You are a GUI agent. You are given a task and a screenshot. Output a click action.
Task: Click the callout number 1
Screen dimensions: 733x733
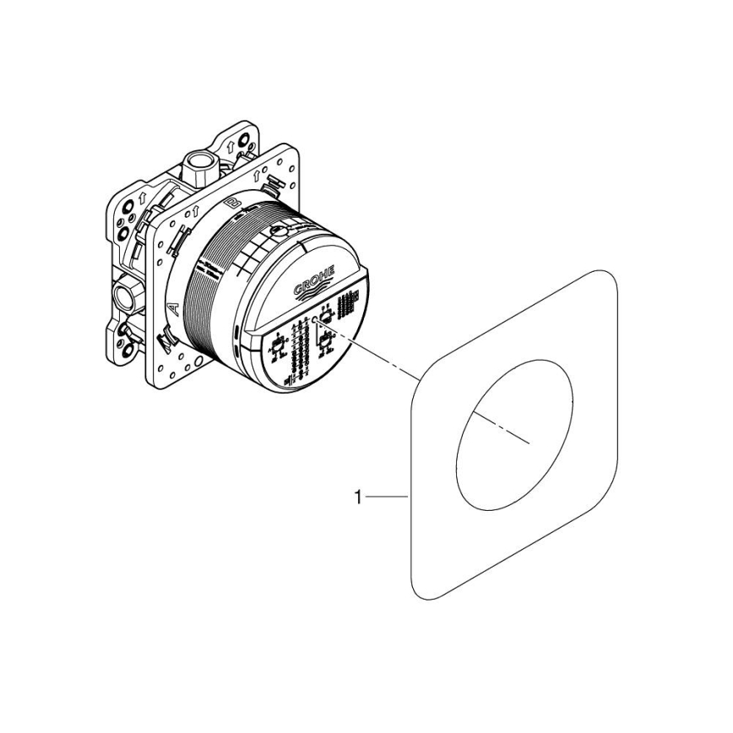(357, 499)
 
